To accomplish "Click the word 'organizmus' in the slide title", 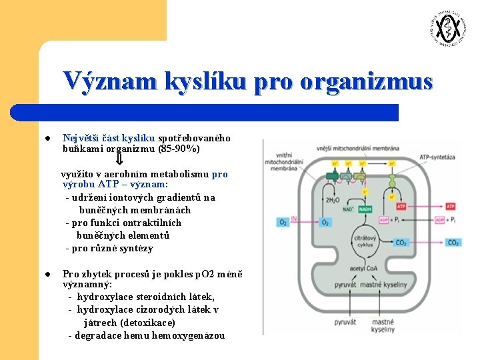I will click(366, 81).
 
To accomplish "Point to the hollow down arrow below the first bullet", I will click(120, 160).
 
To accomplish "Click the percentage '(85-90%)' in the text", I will click(179, 149).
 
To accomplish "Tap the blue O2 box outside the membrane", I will click(283, 222).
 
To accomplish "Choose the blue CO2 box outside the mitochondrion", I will click(452, 243).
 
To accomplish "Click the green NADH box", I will click(365, 209).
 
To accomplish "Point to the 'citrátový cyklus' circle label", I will click(365, 241).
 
